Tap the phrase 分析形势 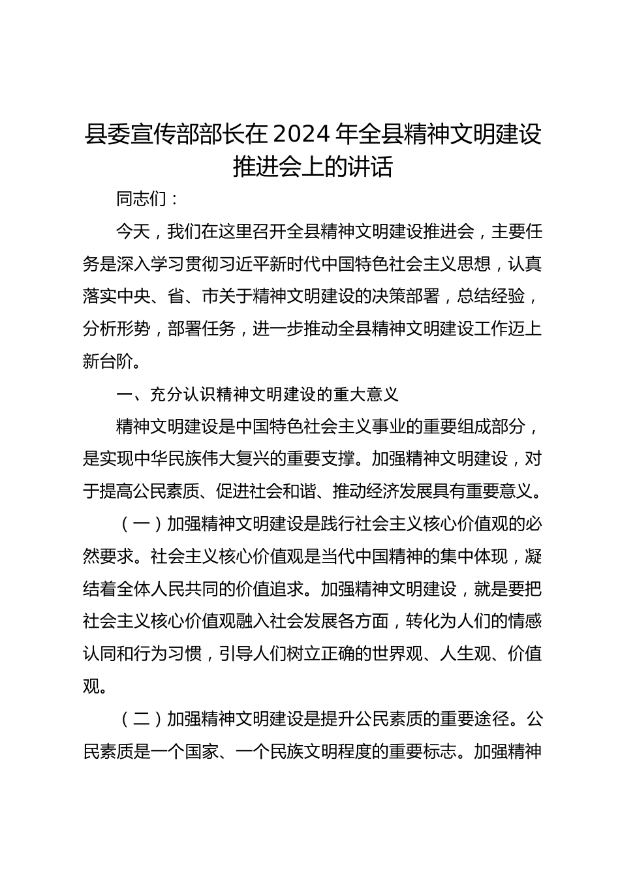pyautogui.click(x=116, y=329)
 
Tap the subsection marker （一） pyautogui.click(x=141, y=523)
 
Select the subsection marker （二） pyautogui.click(x=141, y=718)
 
